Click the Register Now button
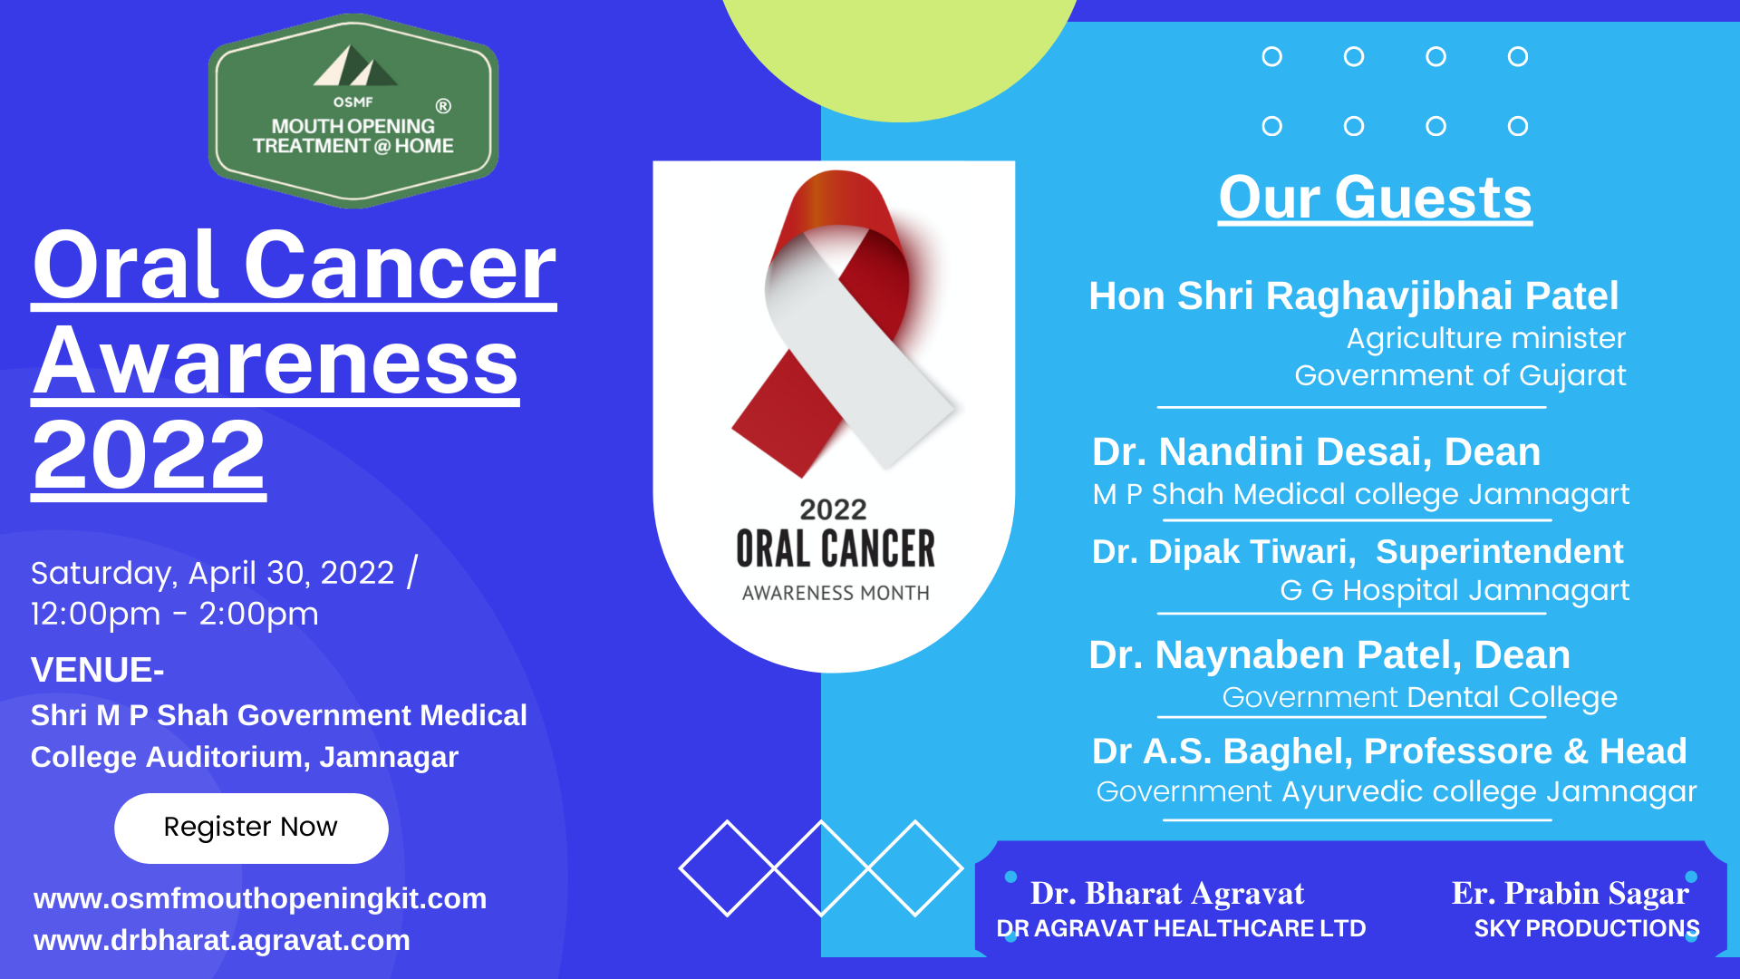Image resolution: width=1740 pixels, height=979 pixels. click(251, 828)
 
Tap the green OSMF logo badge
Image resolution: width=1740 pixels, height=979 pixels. click(353, 111)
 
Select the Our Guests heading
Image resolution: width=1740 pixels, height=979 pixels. click(1375, 198)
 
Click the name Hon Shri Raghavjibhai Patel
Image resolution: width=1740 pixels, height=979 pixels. click(1353, 296)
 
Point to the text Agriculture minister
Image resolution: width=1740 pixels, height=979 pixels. click(1485, 338)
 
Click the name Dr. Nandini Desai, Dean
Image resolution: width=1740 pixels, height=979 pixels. click(1316, 451)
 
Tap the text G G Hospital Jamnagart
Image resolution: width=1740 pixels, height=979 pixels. click(1454, 590)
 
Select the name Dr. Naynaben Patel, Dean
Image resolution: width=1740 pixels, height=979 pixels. click(1329, 654)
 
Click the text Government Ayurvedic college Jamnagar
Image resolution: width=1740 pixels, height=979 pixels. click(1396, 791)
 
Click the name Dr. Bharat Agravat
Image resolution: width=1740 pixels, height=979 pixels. click(1167, 894)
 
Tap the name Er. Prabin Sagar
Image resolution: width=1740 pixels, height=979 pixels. click(1570, 894)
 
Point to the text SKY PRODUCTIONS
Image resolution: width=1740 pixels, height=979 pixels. click(1586, 928)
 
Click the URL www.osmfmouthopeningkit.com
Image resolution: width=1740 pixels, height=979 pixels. click(260, 898)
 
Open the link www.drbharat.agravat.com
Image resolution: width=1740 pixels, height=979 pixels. click(222, 940)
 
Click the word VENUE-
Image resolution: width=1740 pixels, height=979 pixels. click(97, 670)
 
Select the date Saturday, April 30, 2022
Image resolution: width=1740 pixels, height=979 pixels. click(213, 573)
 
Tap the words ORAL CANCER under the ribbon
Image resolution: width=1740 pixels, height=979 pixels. click(835, 549)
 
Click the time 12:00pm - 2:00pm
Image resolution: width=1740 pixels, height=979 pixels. click(175, 614)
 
